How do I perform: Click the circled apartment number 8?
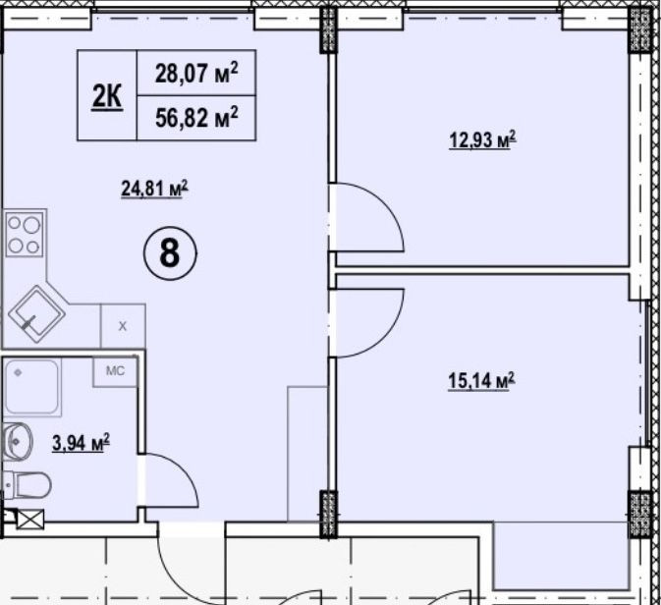click(169, 253)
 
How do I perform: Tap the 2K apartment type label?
click(107, 96)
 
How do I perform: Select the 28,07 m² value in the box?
click(197, 73)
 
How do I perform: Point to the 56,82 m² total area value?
click(197, 118)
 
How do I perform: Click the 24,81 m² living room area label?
click(153, 186)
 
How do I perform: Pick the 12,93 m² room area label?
click(482, 141)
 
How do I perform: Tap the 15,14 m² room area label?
click(482, 378)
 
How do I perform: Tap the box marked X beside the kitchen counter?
click(123, 325)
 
